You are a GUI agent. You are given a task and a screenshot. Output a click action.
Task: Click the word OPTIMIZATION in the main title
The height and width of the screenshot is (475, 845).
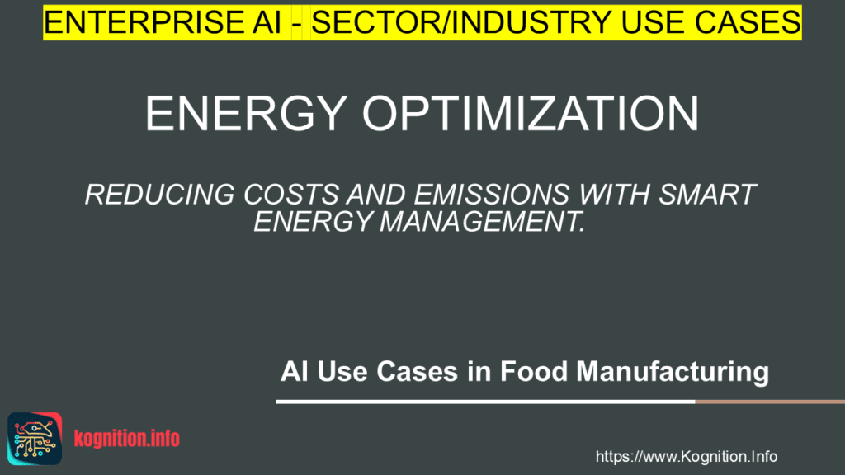(531, 114)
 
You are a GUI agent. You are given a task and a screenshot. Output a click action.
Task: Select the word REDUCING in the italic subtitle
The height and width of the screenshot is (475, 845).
(159, 195)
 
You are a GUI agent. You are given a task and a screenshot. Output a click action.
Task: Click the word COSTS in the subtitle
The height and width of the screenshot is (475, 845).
(291, 195)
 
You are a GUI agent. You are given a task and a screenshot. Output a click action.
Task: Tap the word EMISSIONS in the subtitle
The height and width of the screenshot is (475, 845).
(492, 195)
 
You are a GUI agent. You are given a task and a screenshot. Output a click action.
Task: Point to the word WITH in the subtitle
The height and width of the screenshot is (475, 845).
(614, 195)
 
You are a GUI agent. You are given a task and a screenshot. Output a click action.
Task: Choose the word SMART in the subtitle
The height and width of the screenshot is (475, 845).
(707, 195)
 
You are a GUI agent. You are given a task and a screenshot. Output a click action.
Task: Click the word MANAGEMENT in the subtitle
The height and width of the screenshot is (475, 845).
(482, 221)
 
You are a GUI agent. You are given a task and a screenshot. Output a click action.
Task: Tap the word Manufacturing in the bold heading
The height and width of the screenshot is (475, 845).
(673, 372)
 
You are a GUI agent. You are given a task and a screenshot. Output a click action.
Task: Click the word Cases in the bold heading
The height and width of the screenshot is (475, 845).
(417, 371)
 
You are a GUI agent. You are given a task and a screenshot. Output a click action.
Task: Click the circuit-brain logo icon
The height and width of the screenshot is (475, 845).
(35, 439)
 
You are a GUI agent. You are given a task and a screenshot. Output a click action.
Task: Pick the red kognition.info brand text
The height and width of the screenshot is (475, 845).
(126, 439)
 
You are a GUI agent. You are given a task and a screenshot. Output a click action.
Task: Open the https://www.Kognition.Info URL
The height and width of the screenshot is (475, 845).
(686, 457)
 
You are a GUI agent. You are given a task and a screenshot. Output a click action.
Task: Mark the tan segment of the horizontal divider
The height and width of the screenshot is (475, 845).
(770, 402)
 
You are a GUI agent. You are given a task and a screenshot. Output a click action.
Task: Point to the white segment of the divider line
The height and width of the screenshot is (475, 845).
(485, 402)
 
